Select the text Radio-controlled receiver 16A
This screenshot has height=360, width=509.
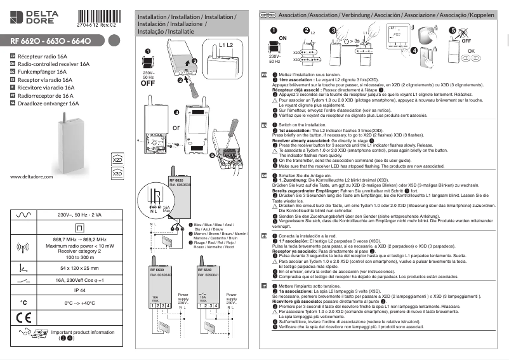tap(54, 64)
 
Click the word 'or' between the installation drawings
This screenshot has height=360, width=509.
tap(176, 127)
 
